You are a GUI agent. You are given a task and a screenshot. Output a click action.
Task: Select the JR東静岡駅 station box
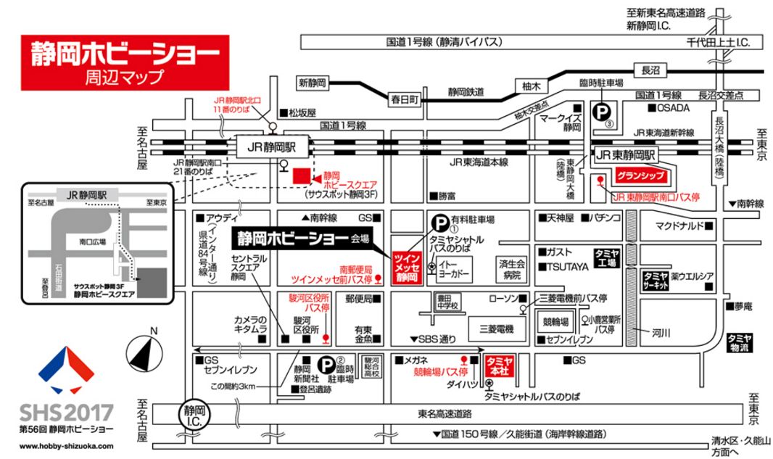[x=626, y=154]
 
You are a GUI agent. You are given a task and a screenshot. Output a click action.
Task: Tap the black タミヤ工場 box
[x=606, y=257]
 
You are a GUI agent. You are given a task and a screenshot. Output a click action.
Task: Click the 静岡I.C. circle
[x=192, y=414]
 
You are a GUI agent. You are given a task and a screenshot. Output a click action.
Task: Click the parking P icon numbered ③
[x=601, y=112]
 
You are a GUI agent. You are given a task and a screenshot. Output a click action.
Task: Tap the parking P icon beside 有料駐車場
[x=439, y=223]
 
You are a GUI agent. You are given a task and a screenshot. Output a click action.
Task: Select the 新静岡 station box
[x=313, y=82]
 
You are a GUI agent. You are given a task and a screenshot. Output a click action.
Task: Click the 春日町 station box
[x=405, y=99]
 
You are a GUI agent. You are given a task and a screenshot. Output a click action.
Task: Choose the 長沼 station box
[x=650, y=70]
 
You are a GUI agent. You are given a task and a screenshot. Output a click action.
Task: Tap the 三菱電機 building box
[x=495, y=329]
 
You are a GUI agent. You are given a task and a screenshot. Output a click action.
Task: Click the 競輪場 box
[x=555, y=321]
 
